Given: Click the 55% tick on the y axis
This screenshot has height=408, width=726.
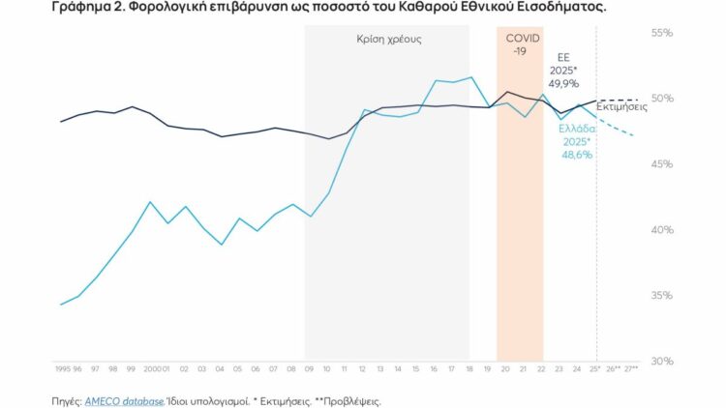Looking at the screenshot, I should click(x=661, y=33).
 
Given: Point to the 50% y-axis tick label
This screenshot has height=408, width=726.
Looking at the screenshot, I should click(x=661, y=99).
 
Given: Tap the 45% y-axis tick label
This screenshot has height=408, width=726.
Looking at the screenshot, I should click(x=661, y=164).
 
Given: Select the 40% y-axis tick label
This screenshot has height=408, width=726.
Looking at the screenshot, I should click(x=661, y=230).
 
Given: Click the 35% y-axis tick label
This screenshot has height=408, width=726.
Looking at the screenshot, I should click(x=661, y=296).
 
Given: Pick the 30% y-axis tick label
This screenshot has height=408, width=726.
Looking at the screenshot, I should click(x=661, y=361).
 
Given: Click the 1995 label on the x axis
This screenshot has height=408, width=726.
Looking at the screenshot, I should click(x=62, y=369).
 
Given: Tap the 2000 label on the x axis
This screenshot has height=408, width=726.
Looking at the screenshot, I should click(x=152, y=369).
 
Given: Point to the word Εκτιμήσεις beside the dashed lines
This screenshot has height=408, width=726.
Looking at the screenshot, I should click(x=622, y=107).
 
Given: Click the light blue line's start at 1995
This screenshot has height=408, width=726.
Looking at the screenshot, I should click(x=61, y=305).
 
